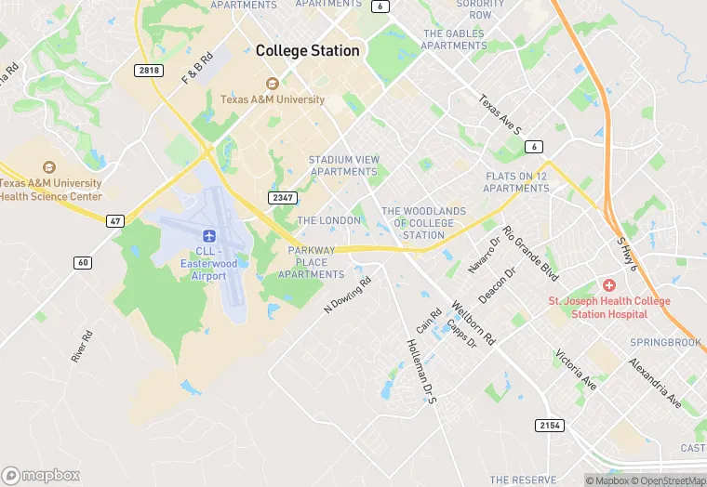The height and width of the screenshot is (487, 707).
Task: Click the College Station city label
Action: pyautogui.click(x=307, y=50)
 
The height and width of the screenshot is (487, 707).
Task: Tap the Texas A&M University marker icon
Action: pyautogui.click(x=273, y=84)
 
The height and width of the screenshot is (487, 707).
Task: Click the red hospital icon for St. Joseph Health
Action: pyautogui.click(x=610, y=284)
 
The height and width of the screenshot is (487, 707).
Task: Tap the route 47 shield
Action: pyautogui.click(x=115, y=220)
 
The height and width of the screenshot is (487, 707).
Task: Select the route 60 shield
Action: pyautogui.click(x=84, y=263)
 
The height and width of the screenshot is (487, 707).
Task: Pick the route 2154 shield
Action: pyautogui.click(x=550, y=425)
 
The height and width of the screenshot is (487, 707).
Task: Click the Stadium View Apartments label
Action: pyautogui.click(x=343, y=165)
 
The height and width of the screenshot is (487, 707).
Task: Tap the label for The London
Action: pyautogui.click(x=328, y=220)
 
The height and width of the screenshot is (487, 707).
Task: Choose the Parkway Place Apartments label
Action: pyautogui.click(x=317, y=262)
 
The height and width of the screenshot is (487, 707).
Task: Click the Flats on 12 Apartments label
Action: pyautogui.click(x=517, y=182)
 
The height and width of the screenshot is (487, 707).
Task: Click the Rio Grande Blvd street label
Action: pyautogui.click(x=529, y=254)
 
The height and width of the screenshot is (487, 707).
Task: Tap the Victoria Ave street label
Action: pyautogui.click(x=575, y=369)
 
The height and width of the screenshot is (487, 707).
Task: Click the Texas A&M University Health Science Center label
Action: pyautogui.click(x=51, y=190)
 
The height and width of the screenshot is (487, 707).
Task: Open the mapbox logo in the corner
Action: pyautogui.click(x=42, y=474)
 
